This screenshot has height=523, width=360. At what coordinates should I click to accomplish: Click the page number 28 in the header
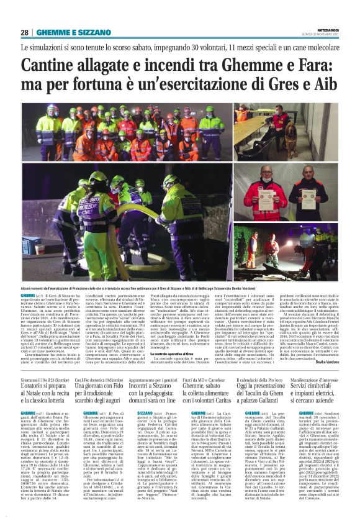(x=25, y=32)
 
